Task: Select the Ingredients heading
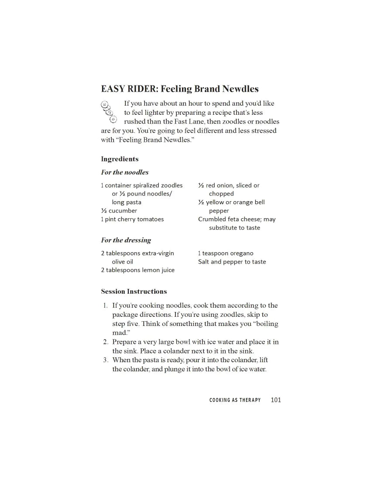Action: [120, 159]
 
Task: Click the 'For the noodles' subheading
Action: [125, 172]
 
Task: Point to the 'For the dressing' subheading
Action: [126, 240]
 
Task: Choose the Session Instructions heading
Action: [134, 291]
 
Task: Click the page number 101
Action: [276, 400]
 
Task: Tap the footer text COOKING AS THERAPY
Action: [235, 400]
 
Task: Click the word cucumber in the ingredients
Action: [123, 211]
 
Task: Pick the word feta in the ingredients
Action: [236, 219]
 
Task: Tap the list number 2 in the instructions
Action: [106, 342]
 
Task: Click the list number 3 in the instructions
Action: [106, 360]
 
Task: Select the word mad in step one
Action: [119, 333]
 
